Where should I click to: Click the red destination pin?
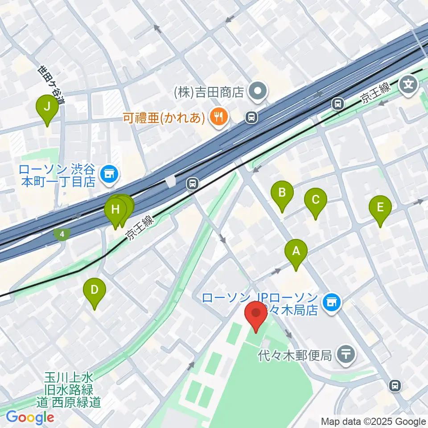(x=256, y=316)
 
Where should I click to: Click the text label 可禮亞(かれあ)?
(x=165, y=118)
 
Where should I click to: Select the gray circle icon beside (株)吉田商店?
(x=258, y=92)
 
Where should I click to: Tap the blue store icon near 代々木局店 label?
(x=331, y=304)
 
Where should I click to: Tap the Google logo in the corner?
(x=30, y=417)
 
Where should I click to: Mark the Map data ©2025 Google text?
(x=374, y=421)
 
